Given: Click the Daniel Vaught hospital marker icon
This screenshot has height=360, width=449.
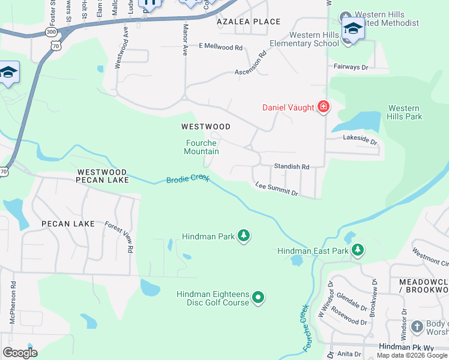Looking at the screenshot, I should coord(324,107).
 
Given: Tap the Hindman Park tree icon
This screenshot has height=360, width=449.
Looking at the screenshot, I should coord(243,236).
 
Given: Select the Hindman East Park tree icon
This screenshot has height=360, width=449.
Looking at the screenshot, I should coord(358,250).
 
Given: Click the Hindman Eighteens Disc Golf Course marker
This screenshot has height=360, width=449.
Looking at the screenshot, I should coord(258,297).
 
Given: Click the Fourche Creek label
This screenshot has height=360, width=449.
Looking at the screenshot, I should coord(306,328).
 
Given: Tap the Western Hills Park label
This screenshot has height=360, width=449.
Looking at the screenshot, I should coord(405,112).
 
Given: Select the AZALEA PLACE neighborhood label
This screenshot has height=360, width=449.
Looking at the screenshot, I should coord(249,22).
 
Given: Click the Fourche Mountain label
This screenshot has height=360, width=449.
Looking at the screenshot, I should coord(201,147).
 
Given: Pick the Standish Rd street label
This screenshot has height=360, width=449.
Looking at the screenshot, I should coord(291,166).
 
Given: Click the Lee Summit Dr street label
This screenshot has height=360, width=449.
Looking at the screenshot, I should coord(276,189).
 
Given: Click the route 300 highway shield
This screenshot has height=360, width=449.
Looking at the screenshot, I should coord(52,31).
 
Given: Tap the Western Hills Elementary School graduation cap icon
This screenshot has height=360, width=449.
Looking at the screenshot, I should coord(353,29).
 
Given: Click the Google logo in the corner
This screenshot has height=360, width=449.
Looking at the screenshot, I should coord(20,352).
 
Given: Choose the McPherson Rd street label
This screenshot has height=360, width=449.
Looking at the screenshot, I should coord(13,303).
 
